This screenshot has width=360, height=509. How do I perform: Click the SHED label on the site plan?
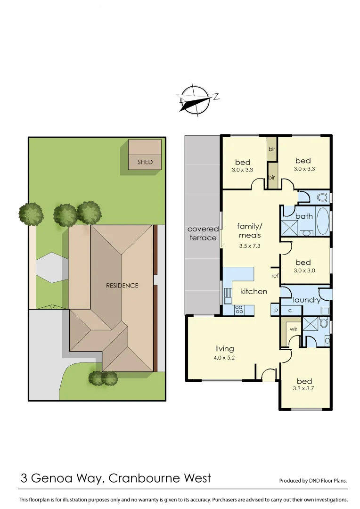(145, 162)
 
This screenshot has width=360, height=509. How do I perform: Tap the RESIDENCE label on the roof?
(122, 286)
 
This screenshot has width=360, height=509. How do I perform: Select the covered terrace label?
(203, 233)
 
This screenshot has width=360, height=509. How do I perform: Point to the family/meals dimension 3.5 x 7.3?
(250, 246)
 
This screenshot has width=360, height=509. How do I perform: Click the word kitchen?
(254, 291)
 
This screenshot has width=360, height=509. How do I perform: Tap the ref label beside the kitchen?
(275, 275)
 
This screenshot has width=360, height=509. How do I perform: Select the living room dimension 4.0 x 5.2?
(225, 358)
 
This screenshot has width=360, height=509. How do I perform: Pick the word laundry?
(306, 300)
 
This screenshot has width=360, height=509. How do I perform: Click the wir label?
(293, 328)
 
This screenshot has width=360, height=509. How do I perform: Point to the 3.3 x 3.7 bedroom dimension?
(303, 389)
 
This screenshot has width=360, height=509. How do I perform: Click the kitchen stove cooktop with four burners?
(239, 310)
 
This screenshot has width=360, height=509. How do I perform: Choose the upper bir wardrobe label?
(272, 149)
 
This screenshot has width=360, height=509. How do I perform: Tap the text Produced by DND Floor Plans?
(313, 481)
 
